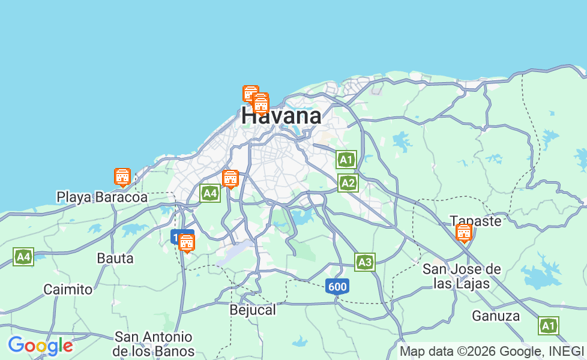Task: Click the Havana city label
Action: click(281, 116)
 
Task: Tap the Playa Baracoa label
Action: click(102, 197)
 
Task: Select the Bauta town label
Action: click(115, 259)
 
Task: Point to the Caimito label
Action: click(68, 289)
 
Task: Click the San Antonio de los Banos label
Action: click(154, 344)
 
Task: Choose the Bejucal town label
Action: click(253, 310)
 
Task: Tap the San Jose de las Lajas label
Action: click(462, 276)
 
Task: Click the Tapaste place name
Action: click(476, 221)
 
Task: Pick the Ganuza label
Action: click(496, 316)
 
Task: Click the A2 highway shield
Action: click(348, 183)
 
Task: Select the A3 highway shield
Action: click(364, 262)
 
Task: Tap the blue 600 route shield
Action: click(337, 287)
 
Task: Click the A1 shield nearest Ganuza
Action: click(548, 326)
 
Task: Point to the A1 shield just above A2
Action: click(346, 160)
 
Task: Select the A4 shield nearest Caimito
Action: click(23, 257)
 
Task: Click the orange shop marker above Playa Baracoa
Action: click(122, 177)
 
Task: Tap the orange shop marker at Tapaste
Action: click(464, 233)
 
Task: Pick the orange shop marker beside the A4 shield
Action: click(230, 179)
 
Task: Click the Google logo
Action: click(40, 346)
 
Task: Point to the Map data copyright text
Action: click(492, 351)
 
